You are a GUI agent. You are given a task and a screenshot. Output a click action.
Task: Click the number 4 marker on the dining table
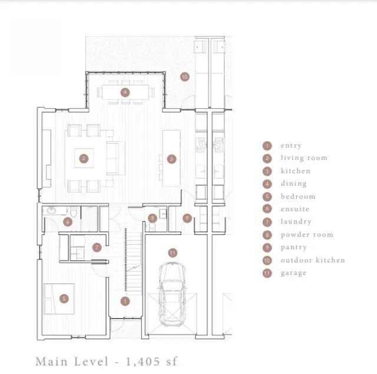coord(125,92)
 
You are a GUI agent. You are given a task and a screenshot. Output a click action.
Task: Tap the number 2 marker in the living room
coord(84,158)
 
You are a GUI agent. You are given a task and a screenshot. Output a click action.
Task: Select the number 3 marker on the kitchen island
coord(171,159)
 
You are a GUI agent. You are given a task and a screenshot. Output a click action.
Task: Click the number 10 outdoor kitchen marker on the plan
coord(184,77)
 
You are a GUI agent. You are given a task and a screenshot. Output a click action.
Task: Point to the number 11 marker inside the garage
coord(173,253)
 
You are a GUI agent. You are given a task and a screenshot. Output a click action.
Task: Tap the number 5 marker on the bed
coord(64,299)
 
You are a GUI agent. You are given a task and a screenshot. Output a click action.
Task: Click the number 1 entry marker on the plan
coord(125,301)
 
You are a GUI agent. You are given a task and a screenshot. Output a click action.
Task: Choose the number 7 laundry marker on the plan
coord(97,247)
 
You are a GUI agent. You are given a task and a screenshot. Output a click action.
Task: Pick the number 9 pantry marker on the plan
coord(187,218)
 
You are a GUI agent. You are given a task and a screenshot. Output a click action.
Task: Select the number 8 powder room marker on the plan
coord(153,218)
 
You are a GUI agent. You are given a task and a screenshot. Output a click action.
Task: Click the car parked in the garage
coord(172,294)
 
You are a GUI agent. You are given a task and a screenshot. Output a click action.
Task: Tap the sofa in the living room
coord(115,158)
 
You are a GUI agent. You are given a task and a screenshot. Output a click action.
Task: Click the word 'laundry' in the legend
coord(296,222)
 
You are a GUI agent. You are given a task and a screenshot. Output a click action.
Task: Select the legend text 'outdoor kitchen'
coord(313,260)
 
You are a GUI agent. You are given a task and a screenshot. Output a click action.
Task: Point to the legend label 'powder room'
coord(307,235)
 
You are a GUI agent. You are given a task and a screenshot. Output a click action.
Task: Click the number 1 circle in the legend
coord(267,146)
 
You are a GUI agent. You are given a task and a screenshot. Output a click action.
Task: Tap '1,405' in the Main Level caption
coord(143,362)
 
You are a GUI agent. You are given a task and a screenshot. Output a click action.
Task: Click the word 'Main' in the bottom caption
coord(51,362)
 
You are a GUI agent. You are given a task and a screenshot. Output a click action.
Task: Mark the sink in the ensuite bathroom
coord(51,211)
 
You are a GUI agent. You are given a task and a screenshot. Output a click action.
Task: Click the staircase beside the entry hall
coord(134,261)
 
